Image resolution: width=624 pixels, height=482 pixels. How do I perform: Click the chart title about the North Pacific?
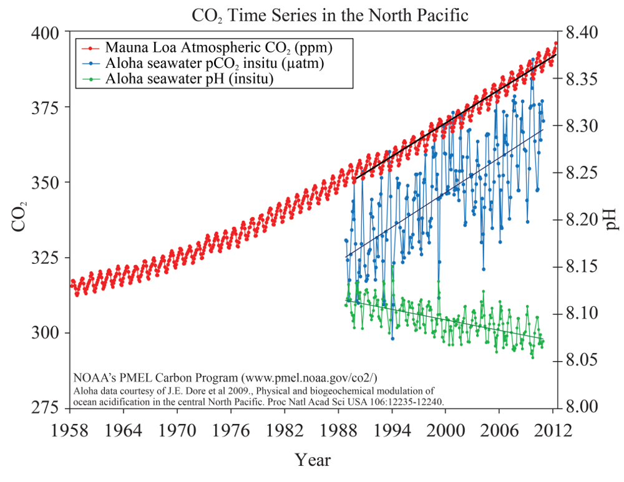tap(312, 15)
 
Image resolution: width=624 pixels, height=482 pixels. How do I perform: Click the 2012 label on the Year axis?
tap(553, 430)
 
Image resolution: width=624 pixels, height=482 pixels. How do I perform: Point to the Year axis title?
tap(313, 460)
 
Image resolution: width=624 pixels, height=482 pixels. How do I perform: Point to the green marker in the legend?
tap(91, 79)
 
